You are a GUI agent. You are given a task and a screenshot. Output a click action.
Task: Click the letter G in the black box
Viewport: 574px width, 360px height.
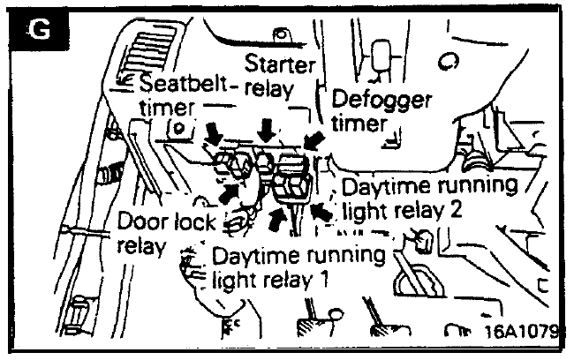[x=40, y=29]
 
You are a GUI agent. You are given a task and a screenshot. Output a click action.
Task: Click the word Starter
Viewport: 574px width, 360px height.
[x=280, y=64]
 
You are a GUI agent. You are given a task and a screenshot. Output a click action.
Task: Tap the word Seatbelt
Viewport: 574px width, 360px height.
[x=185, y=84]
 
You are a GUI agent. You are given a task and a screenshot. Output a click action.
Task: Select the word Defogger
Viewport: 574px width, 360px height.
[x=381, y=99]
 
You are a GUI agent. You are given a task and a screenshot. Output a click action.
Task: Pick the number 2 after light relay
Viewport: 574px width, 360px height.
[x=455, y=210]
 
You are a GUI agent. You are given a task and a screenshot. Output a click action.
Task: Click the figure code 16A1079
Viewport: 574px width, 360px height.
[x=521, y=331]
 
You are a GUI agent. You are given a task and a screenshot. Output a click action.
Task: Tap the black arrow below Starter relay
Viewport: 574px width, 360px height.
[x=266, y=131]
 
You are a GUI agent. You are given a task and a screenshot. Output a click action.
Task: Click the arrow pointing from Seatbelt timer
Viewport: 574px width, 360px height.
[x=215, y=134]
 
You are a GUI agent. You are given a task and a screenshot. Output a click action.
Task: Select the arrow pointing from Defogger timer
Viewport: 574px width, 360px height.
[x=314, y=141]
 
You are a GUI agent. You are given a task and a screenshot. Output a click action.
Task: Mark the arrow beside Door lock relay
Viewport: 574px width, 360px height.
[x=230, y=193]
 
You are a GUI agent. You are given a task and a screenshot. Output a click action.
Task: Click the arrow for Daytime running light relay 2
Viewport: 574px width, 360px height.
[x=321, y=213]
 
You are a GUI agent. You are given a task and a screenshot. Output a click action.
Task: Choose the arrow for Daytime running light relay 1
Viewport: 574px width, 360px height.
[x=277, y=219]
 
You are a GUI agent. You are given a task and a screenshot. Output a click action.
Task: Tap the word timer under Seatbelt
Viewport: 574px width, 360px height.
[x=167, y=108]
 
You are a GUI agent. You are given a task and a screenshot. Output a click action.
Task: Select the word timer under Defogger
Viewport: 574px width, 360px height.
[x=359, y=124]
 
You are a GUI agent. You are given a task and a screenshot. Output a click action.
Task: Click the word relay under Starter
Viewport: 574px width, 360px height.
[x=269, y=88]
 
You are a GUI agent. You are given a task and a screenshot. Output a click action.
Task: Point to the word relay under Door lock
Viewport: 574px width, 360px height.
[x=141, y=246]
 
